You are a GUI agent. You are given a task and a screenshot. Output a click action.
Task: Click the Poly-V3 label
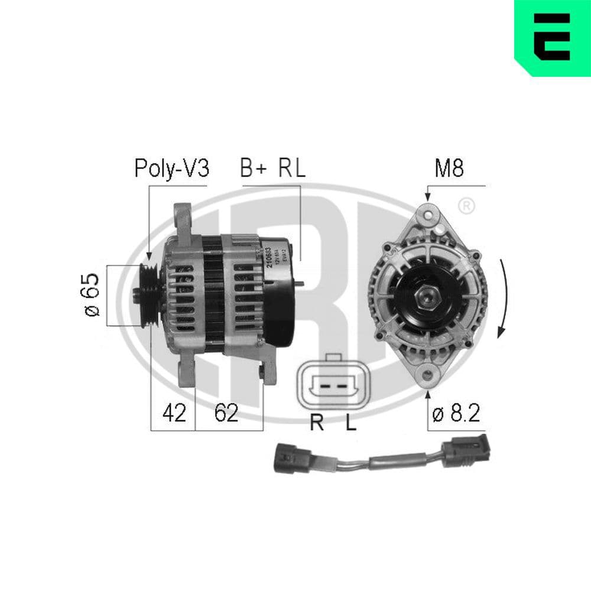click(171, 168)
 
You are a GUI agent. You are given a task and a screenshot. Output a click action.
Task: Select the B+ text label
click(253, 168)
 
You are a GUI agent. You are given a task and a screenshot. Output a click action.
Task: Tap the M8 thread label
click(449, 168)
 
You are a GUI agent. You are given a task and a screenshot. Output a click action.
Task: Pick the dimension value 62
click(226, 413)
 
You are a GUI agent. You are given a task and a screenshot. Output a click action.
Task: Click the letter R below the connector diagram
click(317, 423)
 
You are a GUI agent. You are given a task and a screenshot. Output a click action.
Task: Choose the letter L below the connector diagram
click(351, 423)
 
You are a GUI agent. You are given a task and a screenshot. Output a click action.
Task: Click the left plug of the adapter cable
click(292, 459)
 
